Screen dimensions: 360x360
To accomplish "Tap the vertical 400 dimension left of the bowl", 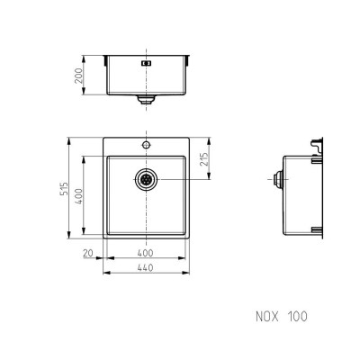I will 79,196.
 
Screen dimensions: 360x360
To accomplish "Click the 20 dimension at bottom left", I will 87,255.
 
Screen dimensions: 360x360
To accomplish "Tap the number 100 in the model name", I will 298,317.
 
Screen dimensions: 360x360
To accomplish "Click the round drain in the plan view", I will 146,179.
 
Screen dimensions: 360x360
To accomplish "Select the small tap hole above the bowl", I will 144,144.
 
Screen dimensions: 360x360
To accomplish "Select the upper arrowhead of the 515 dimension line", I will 69,139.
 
